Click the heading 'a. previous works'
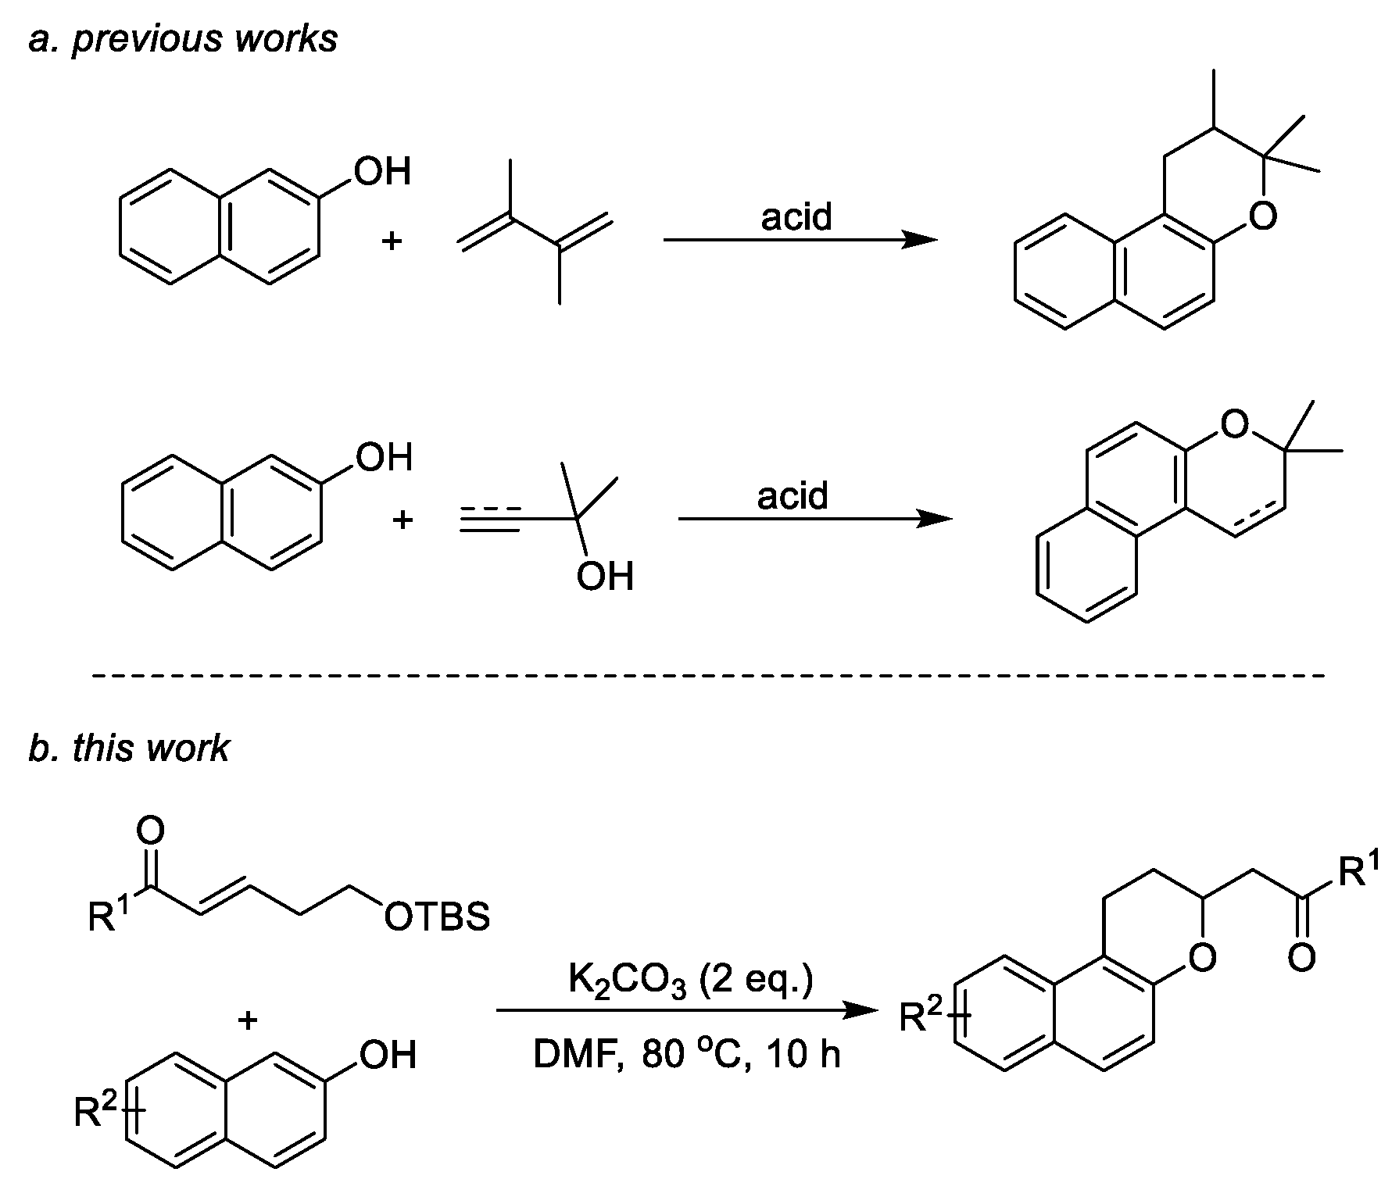(x=183, y=39)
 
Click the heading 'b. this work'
(x=129, y=748)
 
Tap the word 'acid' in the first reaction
(x=796, y=217)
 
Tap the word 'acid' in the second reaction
(x=793, y=496)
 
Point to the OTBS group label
(x=437, y=917)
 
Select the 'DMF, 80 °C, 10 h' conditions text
(x=687, y=1055)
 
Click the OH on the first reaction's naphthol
(x=382, y=171)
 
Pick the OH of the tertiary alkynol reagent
(x=605, y=577)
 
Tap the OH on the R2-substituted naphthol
(x=388, y=1055)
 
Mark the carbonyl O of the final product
(x=1301, y=957)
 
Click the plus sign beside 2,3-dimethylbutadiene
(x=391, y=241)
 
